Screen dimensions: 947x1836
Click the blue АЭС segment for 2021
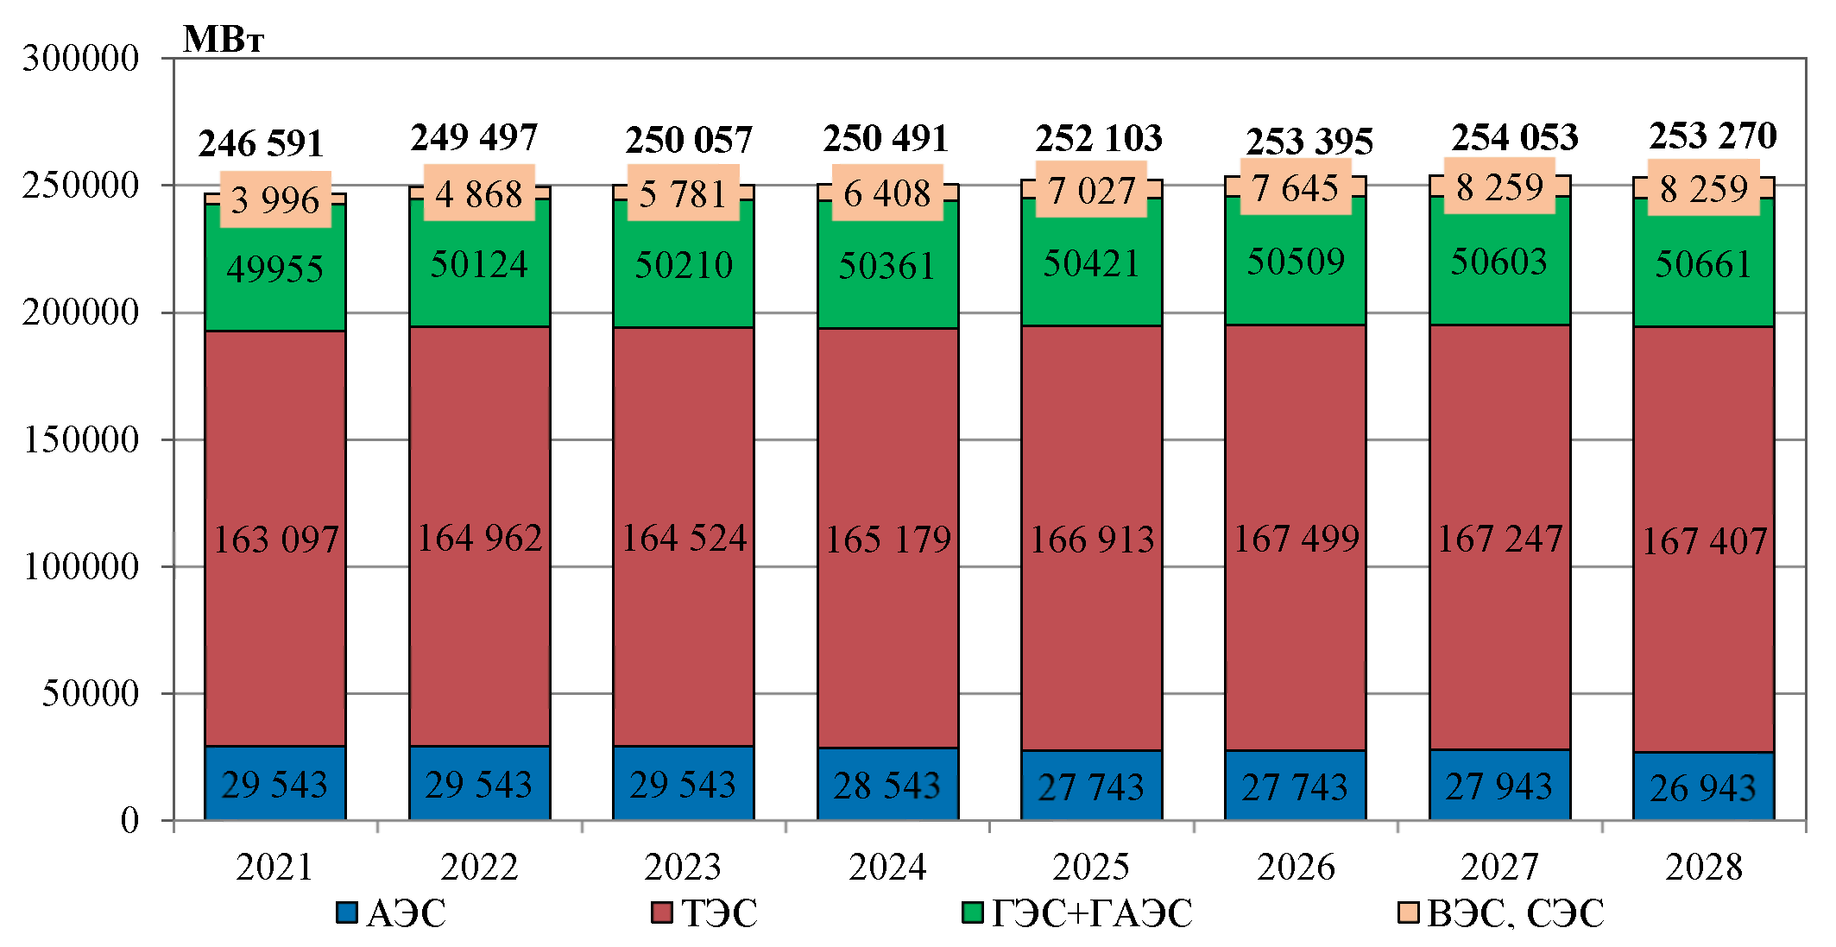tap(275, 783)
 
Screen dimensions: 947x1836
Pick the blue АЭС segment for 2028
tap(1703, 786)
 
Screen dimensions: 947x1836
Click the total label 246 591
tap(261, 143)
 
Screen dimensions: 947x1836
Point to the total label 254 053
tap(1514, 137)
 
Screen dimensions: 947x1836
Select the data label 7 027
tap(1091, 191)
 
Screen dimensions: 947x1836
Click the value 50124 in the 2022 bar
tap(479, 264)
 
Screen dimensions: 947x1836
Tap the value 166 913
tap(1092, 540)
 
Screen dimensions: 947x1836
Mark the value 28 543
tap(886, 786)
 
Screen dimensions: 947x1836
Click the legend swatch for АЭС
tap(347, 913)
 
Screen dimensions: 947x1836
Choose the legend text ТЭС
tap(719, 913)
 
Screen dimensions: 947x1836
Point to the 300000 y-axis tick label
tap(80, 59)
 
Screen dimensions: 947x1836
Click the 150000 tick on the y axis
tap(80, 440)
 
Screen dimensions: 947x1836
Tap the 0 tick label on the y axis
tap(129, 820)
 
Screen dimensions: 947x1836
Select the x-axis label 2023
tap(683, 867)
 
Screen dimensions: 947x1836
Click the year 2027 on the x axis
tap(1499, 867)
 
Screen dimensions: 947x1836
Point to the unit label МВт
tap(224, 40)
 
